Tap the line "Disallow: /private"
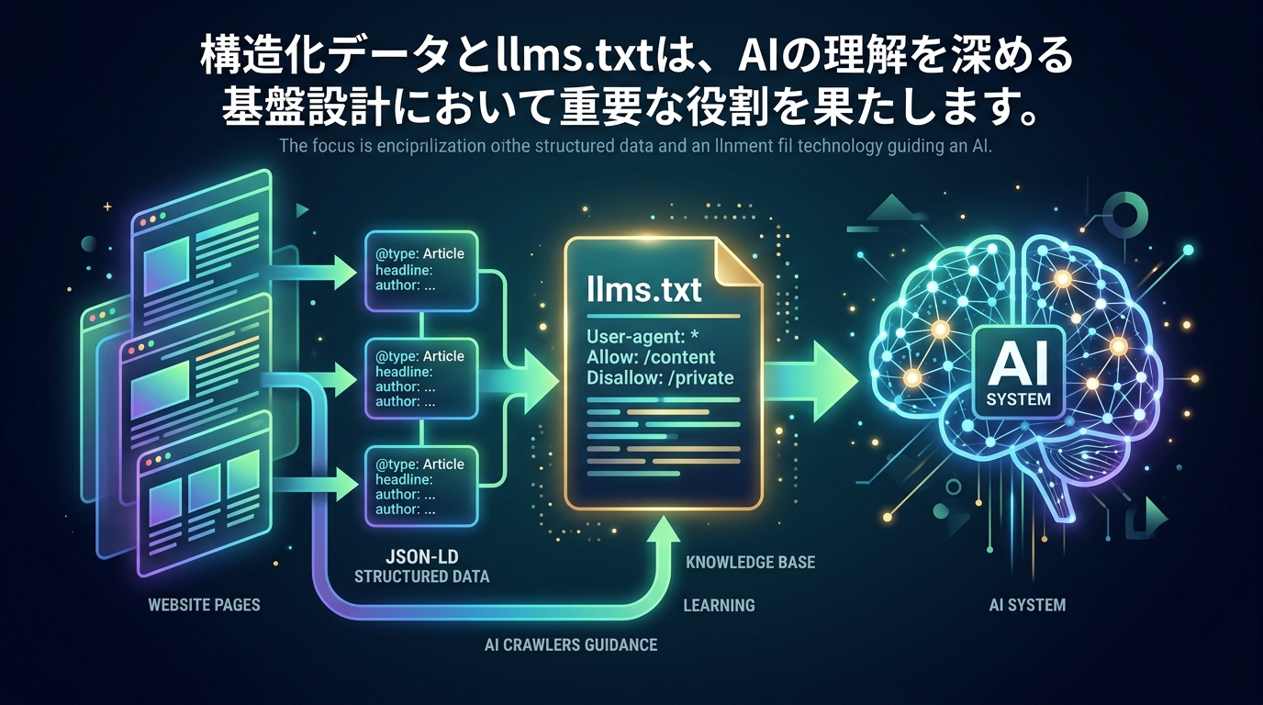point(660,376)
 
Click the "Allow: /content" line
point(651,356)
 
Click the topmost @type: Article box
point(420,270)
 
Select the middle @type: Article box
point(420,378)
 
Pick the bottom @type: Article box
point(420,486)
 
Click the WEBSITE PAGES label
point(204,605)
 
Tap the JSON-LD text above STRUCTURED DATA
point(421,556)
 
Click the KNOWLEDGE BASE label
point(750,562)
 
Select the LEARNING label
point(719,605)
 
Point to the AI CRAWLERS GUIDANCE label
point(570,644)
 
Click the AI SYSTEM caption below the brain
point(1027,605)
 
